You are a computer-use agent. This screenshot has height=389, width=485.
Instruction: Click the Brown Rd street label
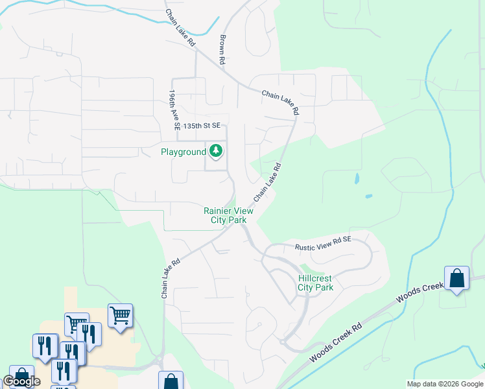point(222,49)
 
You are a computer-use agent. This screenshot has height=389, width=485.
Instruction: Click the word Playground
point(183,152)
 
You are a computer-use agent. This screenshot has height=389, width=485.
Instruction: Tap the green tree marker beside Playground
point(216,152)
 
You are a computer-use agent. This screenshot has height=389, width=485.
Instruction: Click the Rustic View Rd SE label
point(323,243)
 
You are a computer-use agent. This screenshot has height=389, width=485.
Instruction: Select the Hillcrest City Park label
point(316,283)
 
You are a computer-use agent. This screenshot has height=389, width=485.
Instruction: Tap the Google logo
point(21,381)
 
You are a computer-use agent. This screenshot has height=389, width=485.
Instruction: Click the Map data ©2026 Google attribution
point(445,384)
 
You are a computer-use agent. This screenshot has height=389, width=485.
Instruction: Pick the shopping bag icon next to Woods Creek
point(456,279)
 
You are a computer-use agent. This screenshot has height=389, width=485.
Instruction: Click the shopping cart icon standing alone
point(120,316)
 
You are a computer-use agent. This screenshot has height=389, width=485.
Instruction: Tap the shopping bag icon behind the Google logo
point(21,377)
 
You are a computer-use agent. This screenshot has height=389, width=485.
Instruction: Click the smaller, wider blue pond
point(368,196)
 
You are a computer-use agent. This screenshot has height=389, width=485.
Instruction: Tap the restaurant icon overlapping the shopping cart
point(89,334)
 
